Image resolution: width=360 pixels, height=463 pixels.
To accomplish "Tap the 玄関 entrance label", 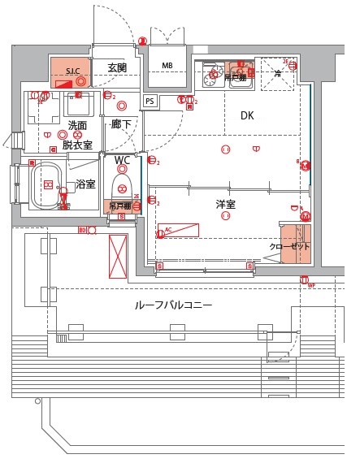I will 118,67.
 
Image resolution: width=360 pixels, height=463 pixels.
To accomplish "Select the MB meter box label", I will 167,66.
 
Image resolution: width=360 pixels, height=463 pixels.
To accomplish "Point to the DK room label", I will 247,116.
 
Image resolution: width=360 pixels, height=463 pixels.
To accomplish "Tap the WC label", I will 122,160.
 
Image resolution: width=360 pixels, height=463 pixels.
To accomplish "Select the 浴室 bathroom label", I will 85,184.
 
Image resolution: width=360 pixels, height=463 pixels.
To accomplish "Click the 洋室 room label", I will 226,205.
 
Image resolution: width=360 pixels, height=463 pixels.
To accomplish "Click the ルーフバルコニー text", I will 173,305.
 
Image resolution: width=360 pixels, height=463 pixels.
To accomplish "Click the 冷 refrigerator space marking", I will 277,74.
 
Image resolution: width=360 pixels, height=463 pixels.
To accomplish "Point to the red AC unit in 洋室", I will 179,231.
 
